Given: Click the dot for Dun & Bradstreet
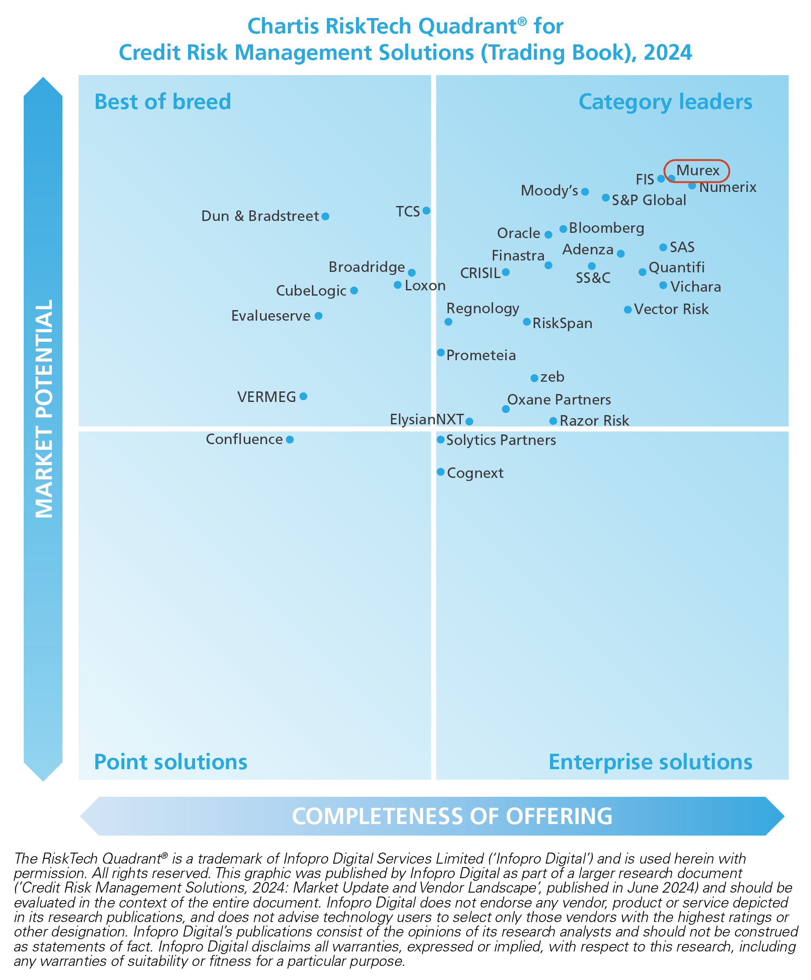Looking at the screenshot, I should [325, 216].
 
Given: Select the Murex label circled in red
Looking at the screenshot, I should [698, 170].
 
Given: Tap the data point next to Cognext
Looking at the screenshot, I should [441, 472].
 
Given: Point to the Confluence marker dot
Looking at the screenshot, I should [290, 439].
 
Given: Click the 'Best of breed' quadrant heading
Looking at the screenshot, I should [163, 102].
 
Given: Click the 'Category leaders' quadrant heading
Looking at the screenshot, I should [665, 102].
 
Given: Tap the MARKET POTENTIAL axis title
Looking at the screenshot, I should [44, 409].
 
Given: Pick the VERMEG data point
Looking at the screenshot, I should [303, 396].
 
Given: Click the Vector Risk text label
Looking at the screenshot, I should [671, 309].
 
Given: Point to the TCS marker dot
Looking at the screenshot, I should [426, 210].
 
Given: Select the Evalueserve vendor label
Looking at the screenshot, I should [271, 316].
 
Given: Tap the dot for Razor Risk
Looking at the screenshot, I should [553, 421].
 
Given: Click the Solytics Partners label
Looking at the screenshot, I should [501, 440].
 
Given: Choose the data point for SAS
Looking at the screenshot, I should [663, 247].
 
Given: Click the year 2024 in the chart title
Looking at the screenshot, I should [668, 52].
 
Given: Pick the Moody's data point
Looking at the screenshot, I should [585, 192].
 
